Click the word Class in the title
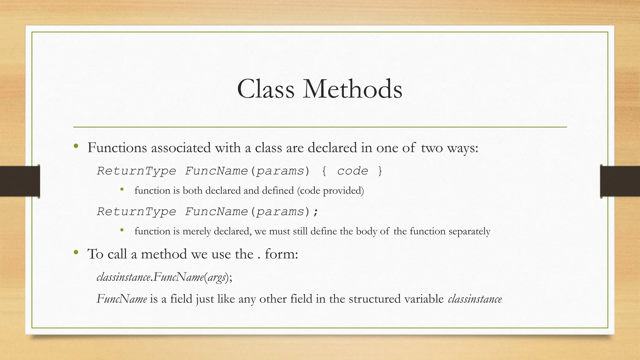[x=266, y=89]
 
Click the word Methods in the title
[x=352, y=89]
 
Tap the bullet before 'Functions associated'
[x=76, y=146]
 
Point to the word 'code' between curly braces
[x=352, y=171]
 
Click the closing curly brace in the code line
[x=380, y=171]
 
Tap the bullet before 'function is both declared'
[x=122, y=189]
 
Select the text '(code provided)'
[x=330, y=191]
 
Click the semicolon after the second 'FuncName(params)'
[x=316, y=212]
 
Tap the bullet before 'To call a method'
[x=76, y=252]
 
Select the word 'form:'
[x=282, y=254]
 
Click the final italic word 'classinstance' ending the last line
[x=475, y=299]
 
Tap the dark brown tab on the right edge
[x=620, y=181]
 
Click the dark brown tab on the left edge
[x=20, y=181]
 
